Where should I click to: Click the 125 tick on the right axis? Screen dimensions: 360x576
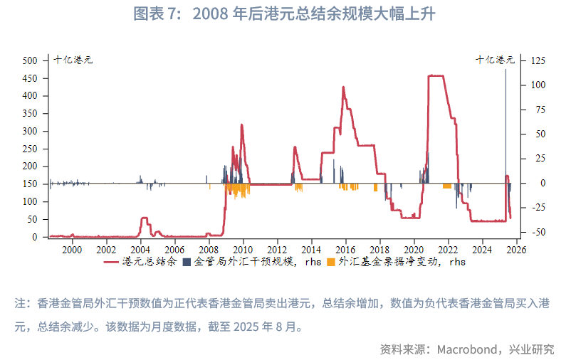(539, 60)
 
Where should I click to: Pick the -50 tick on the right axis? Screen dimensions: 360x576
(539, 232)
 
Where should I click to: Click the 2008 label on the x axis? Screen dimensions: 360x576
(209, 249)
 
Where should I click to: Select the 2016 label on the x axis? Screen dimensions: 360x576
(345, 249)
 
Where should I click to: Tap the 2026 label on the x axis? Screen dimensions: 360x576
(516, 249)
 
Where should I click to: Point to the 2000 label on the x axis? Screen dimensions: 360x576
(72, 249)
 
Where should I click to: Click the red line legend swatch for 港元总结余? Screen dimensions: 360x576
(112, 262)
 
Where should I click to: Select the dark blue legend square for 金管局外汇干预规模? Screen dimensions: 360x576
(187, 262)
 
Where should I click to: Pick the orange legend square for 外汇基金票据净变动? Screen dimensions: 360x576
(330, 262)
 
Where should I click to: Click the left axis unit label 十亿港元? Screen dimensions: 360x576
(74, 60)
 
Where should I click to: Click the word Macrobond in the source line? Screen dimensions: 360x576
(469, 349)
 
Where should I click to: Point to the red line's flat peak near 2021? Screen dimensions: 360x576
(436, 75)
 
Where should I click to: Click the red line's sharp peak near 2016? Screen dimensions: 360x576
(343, 88)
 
